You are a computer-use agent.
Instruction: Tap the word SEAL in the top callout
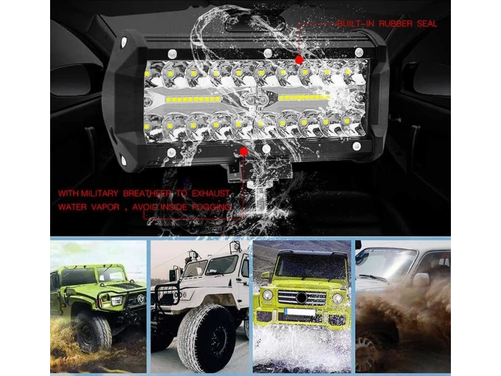pos(427,24)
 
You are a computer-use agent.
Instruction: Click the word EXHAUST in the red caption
pos(210,193)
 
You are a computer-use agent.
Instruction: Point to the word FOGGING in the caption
pos(211,207)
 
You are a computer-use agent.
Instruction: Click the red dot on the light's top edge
pos(299,60)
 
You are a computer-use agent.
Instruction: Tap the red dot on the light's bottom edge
pos(244,152)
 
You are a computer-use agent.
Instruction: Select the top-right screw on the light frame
pos(359,52)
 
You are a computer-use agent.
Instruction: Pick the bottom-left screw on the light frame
pos(172,152)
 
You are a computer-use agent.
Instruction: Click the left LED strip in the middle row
pos(193,100)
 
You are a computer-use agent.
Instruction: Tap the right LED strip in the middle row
pos(304,98)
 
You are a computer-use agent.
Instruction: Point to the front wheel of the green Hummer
pos(93,332)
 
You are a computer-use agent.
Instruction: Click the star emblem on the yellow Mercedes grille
pos(302,298)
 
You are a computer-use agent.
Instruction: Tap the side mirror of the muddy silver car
pos(421,279)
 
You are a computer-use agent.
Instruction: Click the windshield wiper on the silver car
pos(373,278)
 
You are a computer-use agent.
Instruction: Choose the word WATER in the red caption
pos(72,207)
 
